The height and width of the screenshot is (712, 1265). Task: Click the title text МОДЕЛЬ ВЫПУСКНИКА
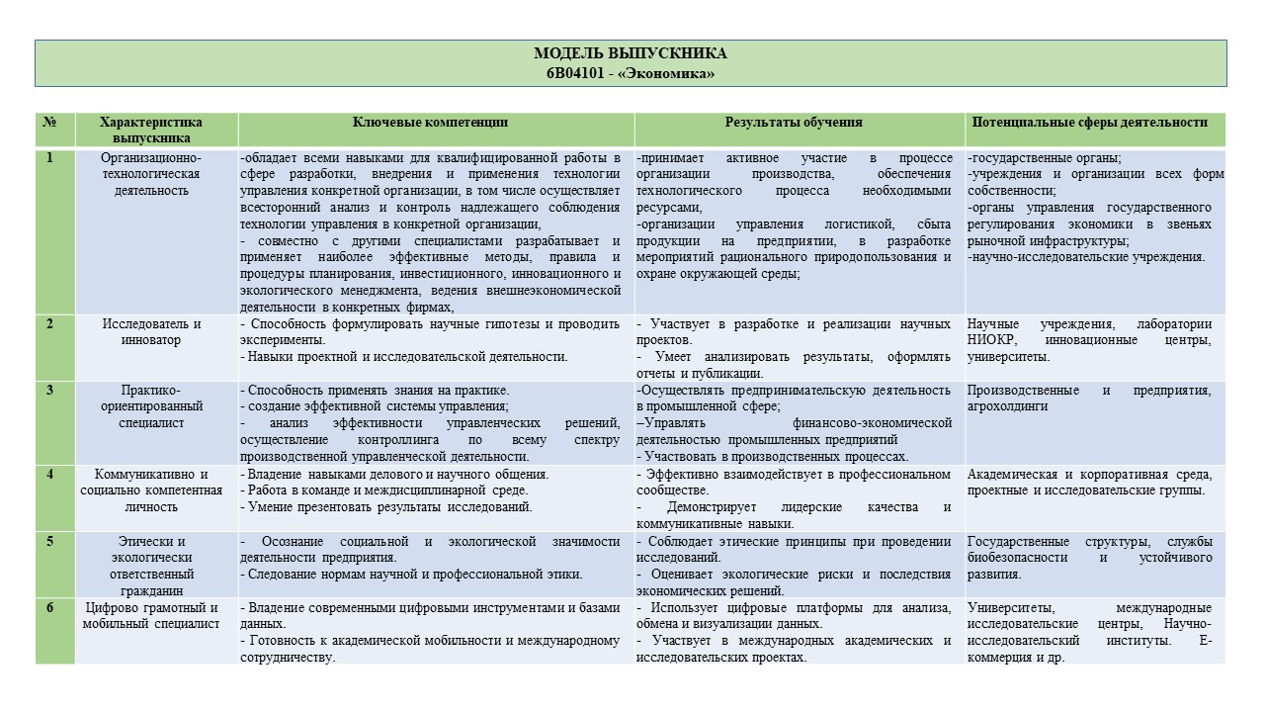point(631,54)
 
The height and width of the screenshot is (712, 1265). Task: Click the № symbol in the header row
point(49,123)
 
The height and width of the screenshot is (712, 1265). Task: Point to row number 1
point(49,157)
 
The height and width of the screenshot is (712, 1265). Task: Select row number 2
point(49,323)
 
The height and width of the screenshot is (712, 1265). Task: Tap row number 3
point(49,390)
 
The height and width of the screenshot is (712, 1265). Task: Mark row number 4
point(49,474)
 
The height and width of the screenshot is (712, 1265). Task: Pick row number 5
point(49,541)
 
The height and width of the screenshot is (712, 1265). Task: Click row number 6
point(49,607)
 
